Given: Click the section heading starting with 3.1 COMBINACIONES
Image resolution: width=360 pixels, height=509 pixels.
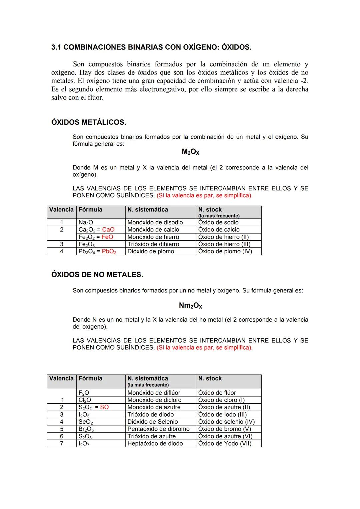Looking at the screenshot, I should coord(151,47).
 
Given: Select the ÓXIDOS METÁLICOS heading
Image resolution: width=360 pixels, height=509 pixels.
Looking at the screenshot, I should coord(89,122).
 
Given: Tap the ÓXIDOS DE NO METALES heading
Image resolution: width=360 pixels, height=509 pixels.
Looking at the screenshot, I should coord(97,275).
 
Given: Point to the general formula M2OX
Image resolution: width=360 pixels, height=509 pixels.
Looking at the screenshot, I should coord(190,152).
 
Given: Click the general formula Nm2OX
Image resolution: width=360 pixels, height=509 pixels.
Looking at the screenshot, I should coord(190,306).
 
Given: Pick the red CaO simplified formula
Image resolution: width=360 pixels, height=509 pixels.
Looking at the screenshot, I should coord(108,230).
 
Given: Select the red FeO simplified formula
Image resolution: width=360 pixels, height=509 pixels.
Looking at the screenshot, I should coord(107,237).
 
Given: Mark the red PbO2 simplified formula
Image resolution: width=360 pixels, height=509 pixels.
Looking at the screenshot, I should coord(109,252).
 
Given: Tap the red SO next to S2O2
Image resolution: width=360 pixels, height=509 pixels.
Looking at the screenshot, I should coord(104,407).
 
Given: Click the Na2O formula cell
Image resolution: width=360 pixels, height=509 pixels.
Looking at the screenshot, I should coord(86,223).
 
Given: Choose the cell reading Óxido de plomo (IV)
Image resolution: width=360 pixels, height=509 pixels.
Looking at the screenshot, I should coord(225,252).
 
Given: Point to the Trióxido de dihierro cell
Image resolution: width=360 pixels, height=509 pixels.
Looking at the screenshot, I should coord(153,244).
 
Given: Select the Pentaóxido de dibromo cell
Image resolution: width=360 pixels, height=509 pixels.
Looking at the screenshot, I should coord(158,429).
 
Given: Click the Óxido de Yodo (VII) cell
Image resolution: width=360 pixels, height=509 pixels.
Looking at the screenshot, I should coord(225,444).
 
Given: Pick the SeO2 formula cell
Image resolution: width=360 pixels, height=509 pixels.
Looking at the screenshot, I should coord(86,422).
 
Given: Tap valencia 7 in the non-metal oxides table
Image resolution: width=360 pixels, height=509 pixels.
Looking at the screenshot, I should coord(62,444).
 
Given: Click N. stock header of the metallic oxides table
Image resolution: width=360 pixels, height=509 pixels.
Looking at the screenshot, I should coord(210,210).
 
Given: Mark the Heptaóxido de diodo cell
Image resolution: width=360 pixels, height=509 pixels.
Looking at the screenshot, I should coord(155,444).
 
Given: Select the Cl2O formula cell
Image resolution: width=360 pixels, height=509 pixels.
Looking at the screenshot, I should coord(85,400).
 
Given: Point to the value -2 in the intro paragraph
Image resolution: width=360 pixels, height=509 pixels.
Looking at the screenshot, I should coord(304,81).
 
